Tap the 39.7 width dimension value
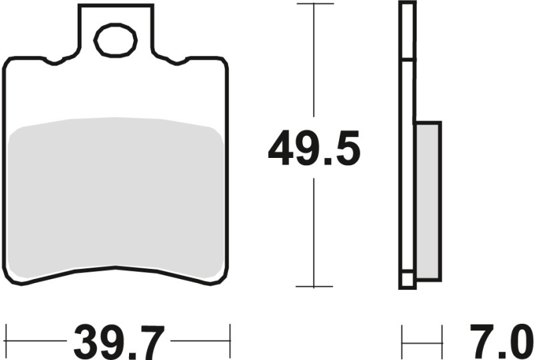pos(118,343)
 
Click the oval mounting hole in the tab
pos(116,40)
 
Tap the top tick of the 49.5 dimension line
pos(314,4)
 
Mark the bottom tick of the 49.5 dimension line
pos(314,286)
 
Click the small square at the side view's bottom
pos(407,280)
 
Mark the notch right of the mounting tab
pos(177,62)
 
